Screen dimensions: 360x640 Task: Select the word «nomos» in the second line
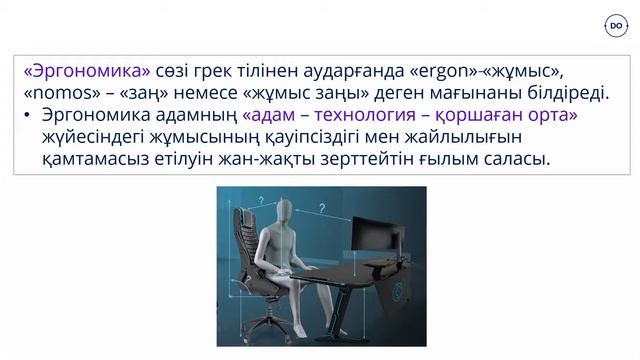coord(53,93)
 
